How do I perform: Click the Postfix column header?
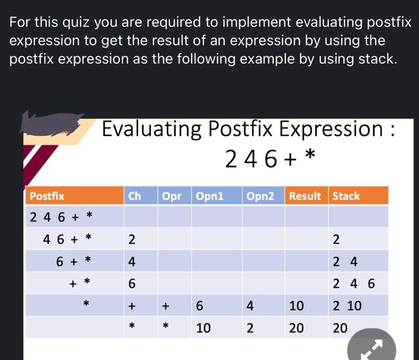tap(47, 196)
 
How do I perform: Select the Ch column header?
tap(134, 196)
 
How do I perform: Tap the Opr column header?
tap(172, 196)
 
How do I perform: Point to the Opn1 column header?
tap(210, 196)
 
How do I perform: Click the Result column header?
tap(305, 196)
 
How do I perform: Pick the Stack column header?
tap(346, 196)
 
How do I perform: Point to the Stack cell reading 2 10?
tap(347, 306)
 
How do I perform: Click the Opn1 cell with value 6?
tap(199, 306)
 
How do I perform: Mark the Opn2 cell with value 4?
tap(250, 306)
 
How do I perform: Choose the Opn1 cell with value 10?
tap(203, 328)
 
